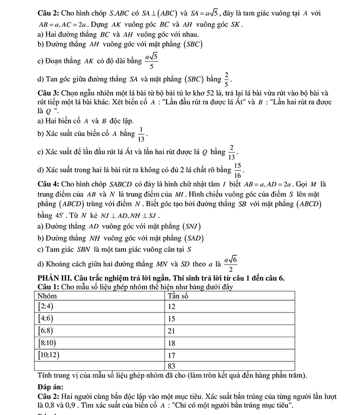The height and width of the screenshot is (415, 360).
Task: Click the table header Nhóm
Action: [48, 296]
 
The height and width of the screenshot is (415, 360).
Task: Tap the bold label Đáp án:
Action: [50, 386]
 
